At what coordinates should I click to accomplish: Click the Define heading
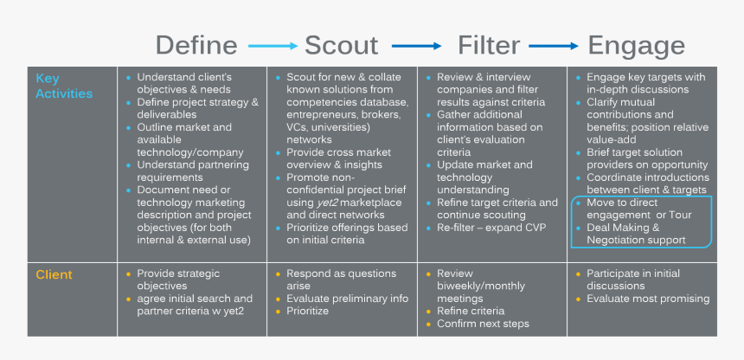pos(196,45)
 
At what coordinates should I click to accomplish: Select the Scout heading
pos(341,45)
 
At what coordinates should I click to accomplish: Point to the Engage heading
pos(636,45)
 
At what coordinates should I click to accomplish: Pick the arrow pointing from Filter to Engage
pos(554,46)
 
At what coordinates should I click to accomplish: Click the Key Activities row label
pos(64,86)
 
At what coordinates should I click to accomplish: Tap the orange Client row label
pos(54,274)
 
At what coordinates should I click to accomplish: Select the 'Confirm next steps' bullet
pos(483,324)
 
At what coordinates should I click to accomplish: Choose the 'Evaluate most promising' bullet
pos(647,299)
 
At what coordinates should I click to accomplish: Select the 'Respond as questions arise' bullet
pos(342,279)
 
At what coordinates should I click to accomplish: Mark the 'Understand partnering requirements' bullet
pos(192,170)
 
